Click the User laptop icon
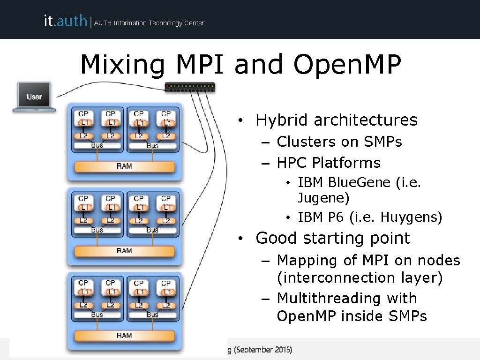pyautogui.click(x=34, y=97)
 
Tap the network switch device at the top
pyautogui.click(x=190, y=87)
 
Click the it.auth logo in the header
pyautogui.click(x=65, y=21)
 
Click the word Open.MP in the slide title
pyautogui.click(x=347, y=66)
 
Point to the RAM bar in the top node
pyautogui.click(x=124, y=166)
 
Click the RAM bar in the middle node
pyautogui.click(x=124, y=251)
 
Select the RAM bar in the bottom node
pyautogui.click(x=124, y=335)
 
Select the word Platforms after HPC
pyautogui.click(x=346, y=163)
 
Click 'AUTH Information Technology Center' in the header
pyautogui.click(x=149, y=23)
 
